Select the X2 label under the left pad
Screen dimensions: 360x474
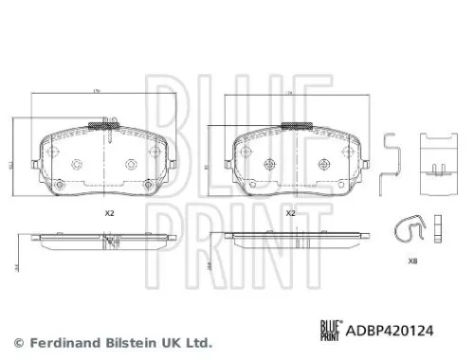point(108,213)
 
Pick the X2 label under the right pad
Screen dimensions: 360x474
point(291,213)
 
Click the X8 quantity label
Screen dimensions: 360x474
point(411,261)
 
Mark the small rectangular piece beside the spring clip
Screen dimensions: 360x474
point(439,225)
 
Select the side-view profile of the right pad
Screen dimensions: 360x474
point(291,236)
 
